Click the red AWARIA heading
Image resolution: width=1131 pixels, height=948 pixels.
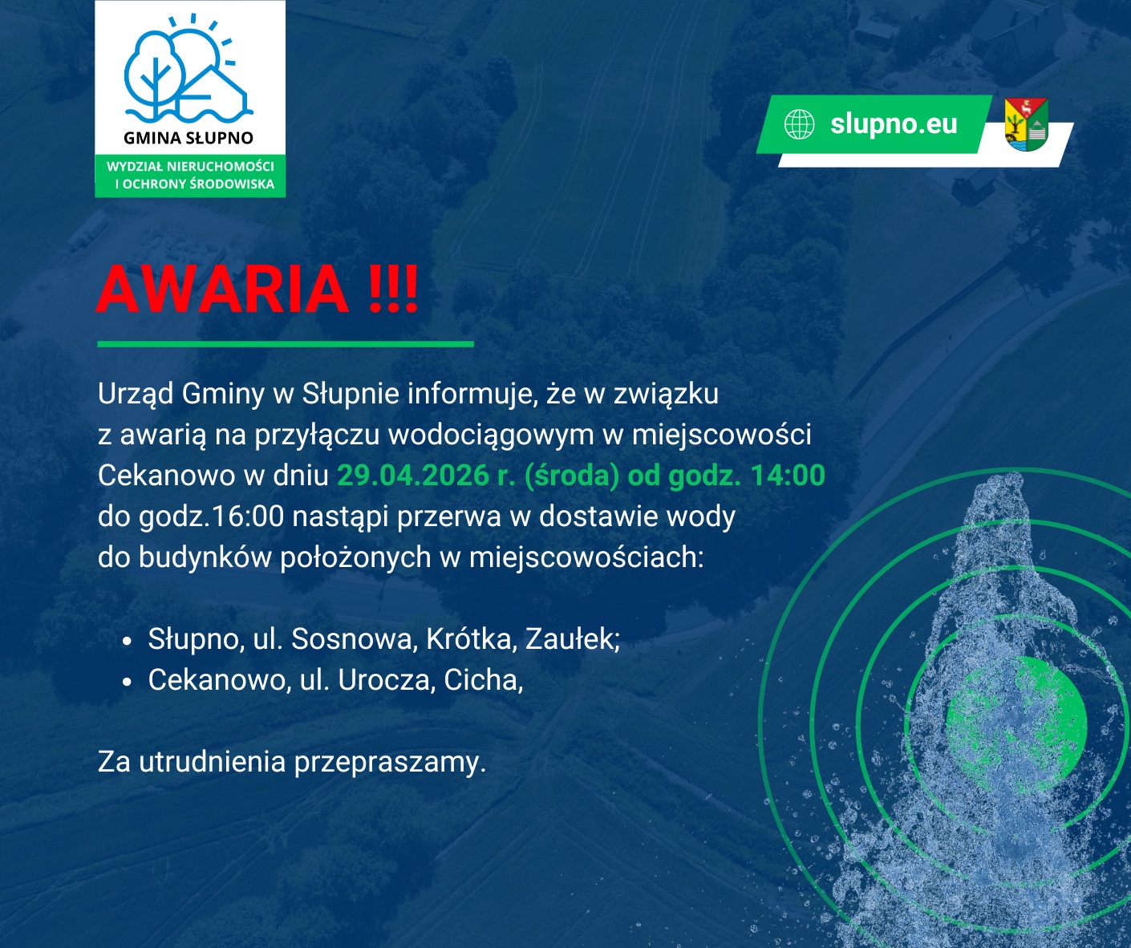coord(257,289)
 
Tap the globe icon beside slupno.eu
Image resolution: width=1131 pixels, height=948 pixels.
coord(799,124)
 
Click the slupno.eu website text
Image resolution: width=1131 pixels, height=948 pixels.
coord(894,124)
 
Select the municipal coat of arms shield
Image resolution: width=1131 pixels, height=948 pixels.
coord(1026,124)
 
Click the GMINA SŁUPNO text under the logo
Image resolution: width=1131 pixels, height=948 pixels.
coord(188,138)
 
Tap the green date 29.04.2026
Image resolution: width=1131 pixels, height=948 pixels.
coord(413,476)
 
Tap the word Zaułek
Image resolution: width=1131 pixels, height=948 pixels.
coord(573,639)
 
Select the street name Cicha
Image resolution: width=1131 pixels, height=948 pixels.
coord(483,680)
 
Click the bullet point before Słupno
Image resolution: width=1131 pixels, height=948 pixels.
coord(128,641)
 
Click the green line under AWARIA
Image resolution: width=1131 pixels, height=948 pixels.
coord(286,344)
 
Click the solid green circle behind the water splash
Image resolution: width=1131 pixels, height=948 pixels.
coord(1017,725)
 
